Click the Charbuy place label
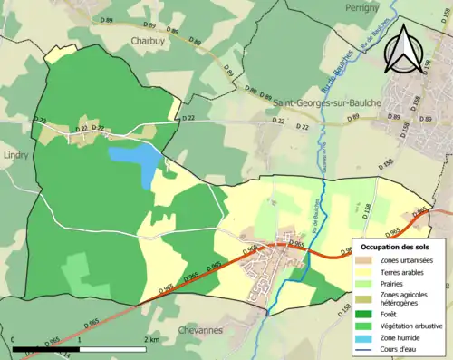tap(146, 41)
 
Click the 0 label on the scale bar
tap(14, 339)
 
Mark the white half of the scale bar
tap(113, 348)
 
